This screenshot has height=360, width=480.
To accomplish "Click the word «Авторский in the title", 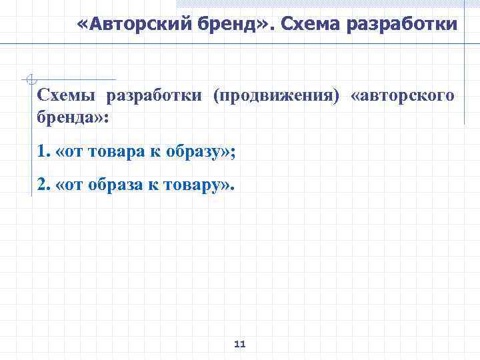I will [116, 25].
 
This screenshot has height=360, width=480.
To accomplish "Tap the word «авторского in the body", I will [403, 96].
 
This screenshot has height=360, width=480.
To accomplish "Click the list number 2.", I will [43, 185].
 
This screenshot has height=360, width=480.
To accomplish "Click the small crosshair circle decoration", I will [29, 80].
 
